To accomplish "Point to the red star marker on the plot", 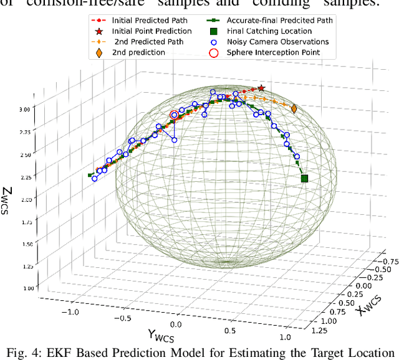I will tap(261, 89).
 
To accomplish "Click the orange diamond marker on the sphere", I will tap(294, 109).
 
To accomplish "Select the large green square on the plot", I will tap(305, 179).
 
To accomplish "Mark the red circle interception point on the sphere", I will tap(175, 115).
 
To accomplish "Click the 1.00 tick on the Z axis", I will tap(28, 288).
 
